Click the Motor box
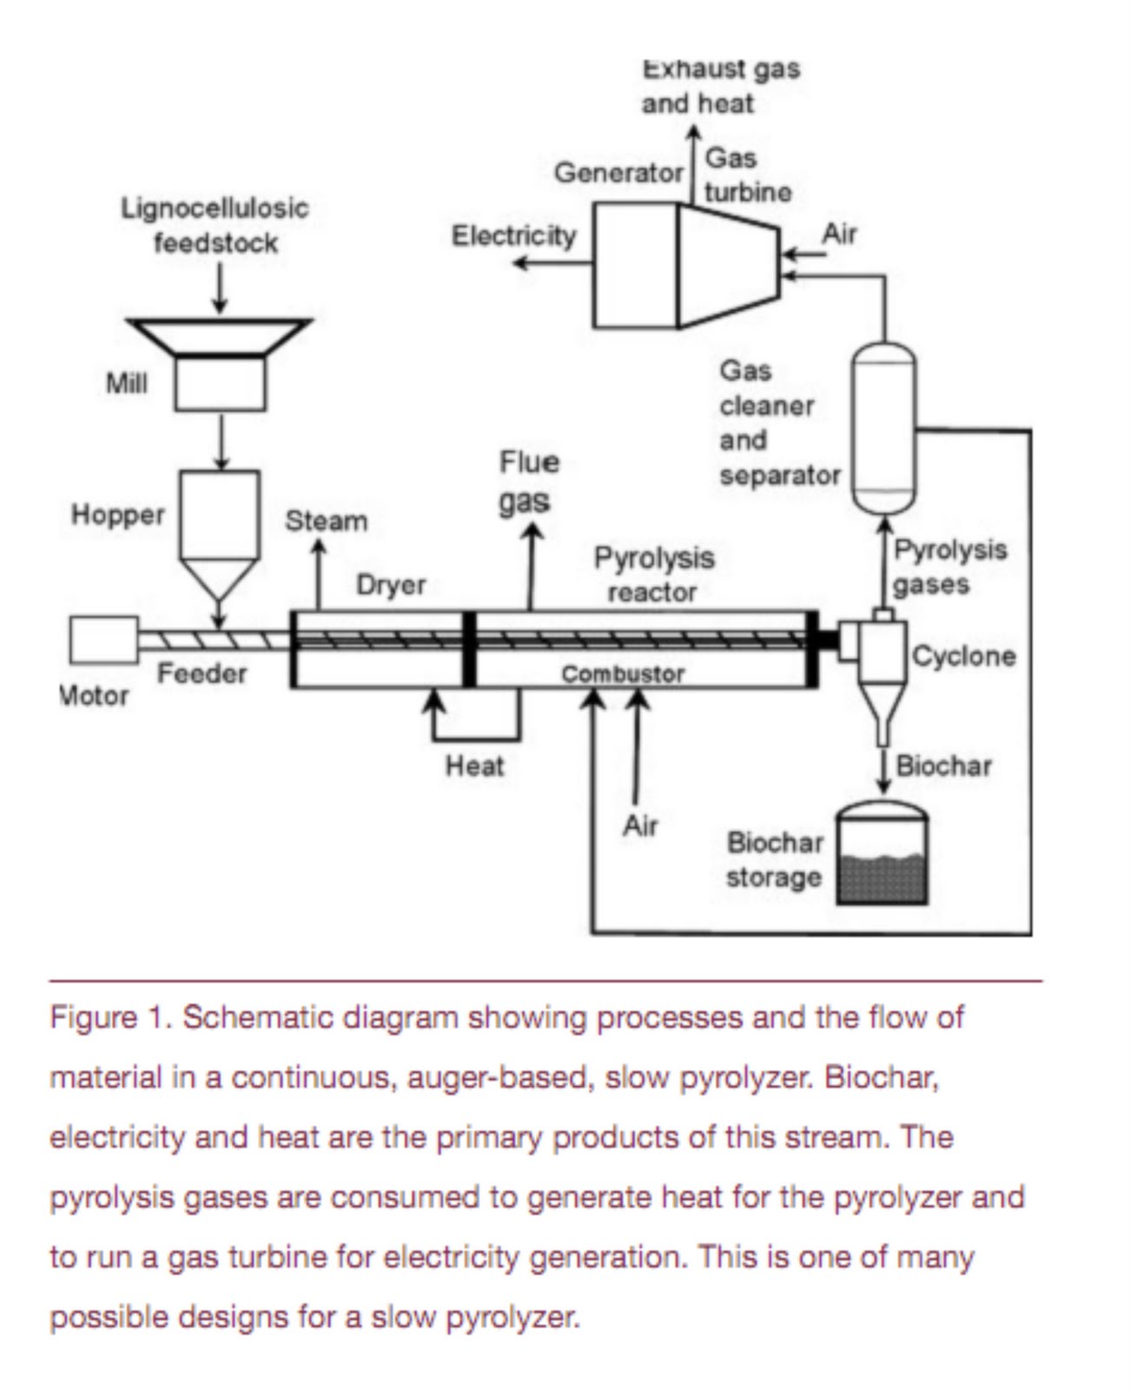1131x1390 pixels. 104,639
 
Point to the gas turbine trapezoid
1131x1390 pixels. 729,264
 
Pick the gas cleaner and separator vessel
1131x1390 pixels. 883,428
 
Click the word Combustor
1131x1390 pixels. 623,673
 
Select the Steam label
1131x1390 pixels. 327,520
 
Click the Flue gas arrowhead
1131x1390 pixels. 532,531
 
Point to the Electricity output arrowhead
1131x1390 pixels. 521,263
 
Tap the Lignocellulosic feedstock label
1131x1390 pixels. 215,226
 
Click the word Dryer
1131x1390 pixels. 391,585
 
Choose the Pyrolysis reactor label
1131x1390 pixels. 654,575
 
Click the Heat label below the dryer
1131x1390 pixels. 474,765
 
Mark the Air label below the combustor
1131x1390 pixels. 640,826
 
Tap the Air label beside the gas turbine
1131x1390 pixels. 839,234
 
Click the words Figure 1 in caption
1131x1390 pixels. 111,1016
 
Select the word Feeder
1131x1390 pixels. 202,673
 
